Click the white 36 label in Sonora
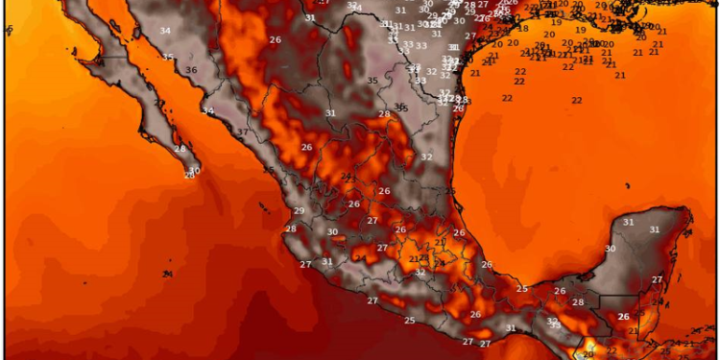tap(191, 70)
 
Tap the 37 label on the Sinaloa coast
tap(243, 132)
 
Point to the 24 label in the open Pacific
tap(167, 274)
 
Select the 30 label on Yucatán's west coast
tap(610, 249)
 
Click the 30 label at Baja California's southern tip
tap(194, 171)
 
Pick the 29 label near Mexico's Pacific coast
tap(299, 211)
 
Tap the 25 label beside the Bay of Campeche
tap(522, 288)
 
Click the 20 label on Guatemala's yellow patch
tap(588, 352)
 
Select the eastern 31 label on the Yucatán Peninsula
tap(655, 229)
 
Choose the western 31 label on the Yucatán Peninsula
tap(629, 222)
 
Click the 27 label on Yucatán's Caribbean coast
tap(658, 279)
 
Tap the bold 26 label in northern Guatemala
tap(624, 316)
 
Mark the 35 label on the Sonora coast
tap(168, 58)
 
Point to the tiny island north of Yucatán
tap(625, 185)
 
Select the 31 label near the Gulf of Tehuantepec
tap(511, 328)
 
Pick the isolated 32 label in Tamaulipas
tap(426, 156)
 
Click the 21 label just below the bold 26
tap(633, 330)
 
